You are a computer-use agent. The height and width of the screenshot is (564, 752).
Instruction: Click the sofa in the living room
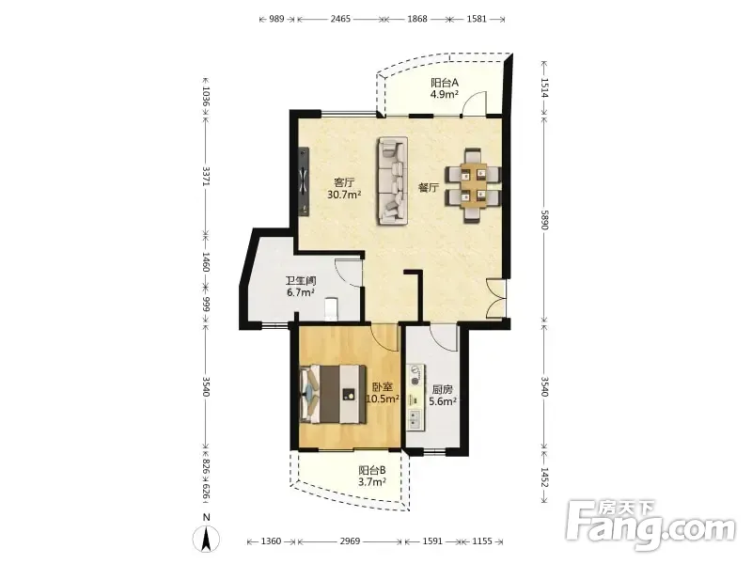392,180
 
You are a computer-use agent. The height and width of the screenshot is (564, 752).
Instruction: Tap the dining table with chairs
473,185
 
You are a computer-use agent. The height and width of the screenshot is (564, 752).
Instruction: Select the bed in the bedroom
333,394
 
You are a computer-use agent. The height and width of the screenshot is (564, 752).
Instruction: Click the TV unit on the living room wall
304,181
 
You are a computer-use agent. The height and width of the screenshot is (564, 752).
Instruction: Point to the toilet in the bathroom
331,309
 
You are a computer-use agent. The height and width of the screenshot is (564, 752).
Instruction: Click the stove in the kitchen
415,375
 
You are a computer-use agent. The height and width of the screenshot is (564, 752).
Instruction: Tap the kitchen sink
415,420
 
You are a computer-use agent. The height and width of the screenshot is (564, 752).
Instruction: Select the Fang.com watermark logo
650,525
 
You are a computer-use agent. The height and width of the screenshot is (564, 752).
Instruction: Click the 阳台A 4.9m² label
444,88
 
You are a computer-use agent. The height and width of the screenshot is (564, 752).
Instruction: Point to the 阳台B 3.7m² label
372,476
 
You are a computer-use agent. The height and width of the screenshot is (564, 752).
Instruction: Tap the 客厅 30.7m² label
344,189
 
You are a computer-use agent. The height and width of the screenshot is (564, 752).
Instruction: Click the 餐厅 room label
429,187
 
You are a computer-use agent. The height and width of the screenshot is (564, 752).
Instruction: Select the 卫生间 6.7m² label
301,287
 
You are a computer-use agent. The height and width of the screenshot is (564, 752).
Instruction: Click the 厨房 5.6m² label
442,396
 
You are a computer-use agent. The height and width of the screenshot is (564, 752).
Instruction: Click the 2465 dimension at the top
340,19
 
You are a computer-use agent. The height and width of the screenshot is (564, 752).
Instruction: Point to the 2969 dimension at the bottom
350,541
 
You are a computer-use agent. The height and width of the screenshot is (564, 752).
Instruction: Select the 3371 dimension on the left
206,176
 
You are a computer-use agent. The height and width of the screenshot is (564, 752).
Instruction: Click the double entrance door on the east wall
497,298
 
